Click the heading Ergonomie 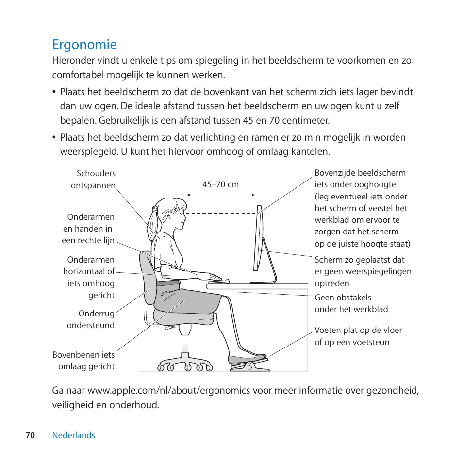pos(84,45)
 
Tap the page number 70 pos(30,435)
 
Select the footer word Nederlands pos(74,435)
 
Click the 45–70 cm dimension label pos(220,184)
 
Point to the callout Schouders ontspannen pos(96,179)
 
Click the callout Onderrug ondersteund pos(91,319)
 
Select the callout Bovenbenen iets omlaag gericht pos(83,361)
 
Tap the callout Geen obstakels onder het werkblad pos(351,303)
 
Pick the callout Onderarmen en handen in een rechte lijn pos(88,229)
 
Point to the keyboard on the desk pos(218,281)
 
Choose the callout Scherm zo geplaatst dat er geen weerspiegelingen pos(363,271)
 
